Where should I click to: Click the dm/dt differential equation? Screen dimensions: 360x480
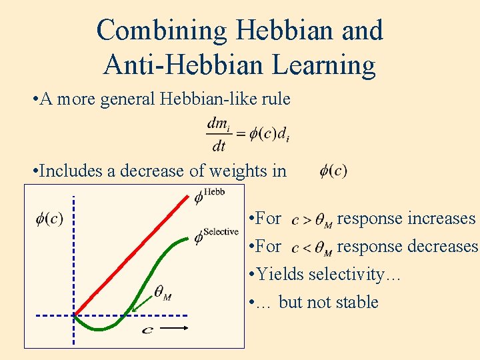point(247,133)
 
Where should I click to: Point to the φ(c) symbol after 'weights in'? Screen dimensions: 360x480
point(333,171)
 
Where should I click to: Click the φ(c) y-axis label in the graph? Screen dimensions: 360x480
point(49,218)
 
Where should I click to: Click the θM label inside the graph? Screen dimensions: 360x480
point(163,292)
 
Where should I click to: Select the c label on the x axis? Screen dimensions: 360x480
point(148,330)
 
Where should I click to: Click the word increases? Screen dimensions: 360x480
point(441,219)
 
